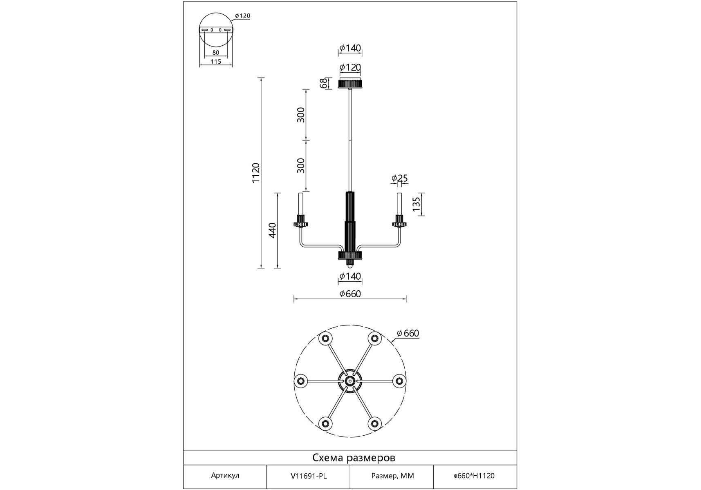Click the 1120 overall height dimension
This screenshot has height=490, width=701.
(x=256, y=173)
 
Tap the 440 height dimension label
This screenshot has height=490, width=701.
(x=273, y=230)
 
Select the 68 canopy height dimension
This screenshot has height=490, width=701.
(x=323, y=83)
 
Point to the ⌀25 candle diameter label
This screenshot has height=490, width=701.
(x=399, y=178)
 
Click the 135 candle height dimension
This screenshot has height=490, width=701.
(x=416, y=204)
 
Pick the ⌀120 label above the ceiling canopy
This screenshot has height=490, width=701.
(x=350, y=67)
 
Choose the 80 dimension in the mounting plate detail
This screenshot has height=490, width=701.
(x=216, y=53)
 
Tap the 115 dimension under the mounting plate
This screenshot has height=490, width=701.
(x=216, y=62)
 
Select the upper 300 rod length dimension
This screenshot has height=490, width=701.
(x=301, y=115)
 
